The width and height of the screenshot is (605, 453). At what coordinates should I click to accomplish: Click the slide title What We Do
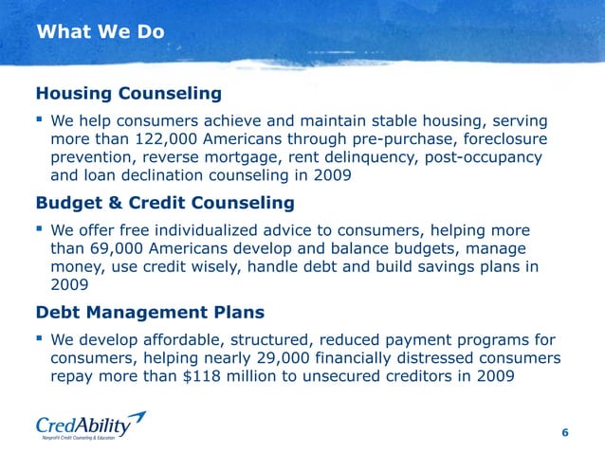tap(101, 32)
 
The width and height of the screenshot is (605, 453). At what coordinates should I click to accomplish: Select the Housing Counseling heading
tap(128, 94)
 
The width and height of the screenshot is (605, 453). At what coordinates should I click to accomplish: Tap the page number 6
tap(565, 433)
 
